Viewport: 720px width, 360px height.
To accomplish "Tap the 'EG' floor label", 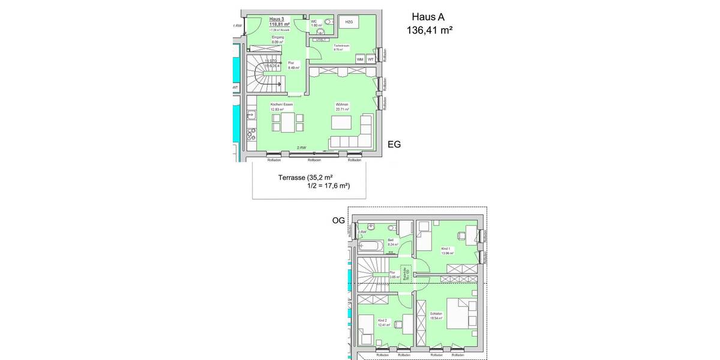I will (x=394, y=145).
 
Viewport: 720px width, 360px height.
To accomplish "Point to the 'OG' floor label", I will (x=339, y=221).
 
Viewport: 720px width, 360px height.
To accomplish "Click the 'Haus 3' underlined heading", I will (x=277, y=19).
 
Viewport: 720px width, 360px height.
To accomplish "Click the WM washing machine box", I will (x=360, y=59).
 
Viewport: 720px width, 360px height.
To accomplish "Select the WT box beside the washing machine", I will (x=371, y=59).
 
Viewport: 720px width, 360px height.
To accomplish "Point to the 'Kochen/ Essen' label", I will (x=282, y=104).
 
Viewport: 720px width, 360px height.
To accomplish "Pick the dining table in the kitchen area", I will (x=287, y=123).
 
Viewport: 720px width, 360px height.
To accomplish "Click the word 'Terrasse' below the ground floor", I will (x=292, y=178).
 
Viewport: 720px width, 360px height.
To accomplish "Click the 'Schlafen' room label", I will (x=436, y=313).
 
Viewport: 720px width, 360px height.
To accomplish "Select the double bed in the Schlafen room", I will (x=463, y=315).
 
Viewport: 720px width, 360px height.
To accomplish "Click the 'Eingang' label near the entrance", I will (x=277, y=37).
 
